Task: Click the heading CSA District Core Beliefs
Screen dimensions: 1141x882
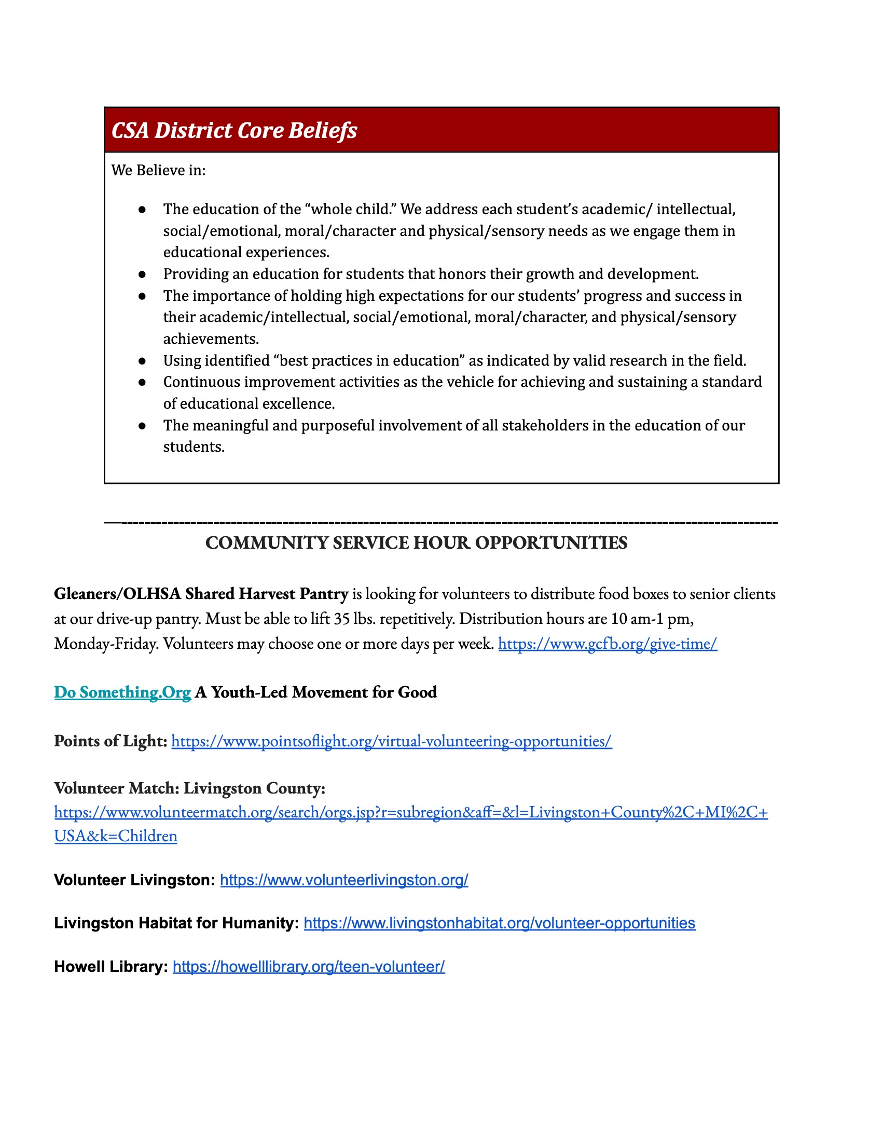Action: (x=234, y=131)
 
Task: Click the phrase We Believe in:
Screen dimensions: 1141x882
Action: (x=158, y=170)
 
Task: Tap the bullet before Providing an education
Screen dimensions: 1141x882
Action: (x=142, y=274)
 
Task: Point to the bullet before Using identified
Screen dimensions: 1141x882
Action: (x=142, y=361)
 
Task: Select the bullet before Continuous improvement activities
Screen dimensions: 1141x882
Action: (x=142, y=382)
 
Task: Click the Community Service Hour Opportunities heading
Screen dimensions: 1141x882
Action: (x=416, y=543)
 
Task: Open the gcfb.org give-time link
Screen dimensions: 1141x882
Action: (x=607, y=644)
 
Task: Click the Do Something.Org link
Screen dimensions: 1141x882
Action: (x=123, y=692)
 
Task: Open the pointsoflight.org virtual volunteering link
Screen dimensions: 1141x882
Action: (x=391, y=741)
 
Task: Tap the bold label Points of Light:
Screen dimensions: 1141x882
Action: (x=110, y=741)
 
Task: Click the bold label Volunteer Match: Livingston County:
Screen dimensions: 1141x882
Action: (x=190, y=788)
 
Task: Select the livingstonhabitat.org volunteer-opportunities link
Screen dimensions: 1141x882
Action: (x=499, y=923)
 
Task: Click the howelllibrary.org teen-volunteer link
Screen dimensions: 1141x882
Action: (x=309, y=967)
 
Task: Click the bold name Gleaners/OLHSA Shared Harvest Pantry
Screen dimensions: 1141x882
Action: (x=201, y=594)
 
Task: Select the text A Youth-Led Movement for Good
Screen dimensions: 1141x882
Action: (x=315, y=692)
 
